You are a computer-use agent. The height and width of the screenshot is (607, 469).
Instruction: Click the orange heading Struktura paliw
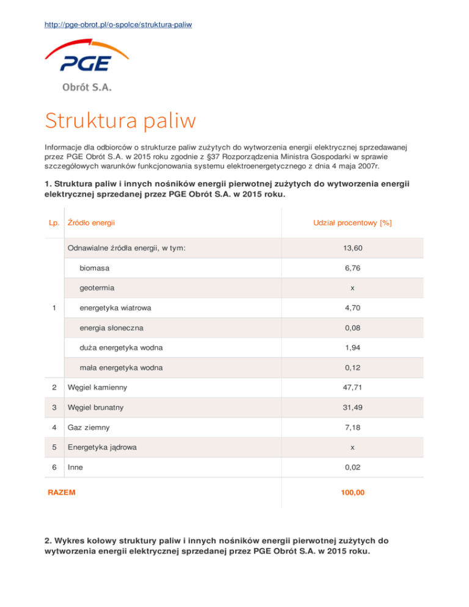click(x=120, y=120)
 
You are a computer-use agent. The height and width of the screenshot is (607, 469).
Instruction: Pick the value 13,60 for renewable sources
click(x=352, y=248)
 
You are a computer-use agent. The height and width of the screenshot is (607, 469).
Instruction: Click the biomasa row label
click(x=98, y=267)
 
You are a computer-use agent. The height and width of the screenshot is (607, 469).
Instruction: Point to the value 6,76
click(x=352, y=267)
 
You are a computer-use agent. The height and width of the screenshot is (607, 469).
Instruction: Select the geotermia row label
click(x=100, y=287)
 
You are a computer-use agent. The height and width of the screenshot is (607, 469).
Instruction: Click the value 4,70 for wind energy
click(x=352, y=308)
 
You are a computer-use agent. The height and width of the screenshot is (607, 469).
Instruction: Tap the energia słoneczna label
click(x=112, y=328)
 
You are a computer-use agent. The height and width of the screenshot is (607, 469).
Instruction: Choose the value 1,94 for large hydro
click(x=352, y=347)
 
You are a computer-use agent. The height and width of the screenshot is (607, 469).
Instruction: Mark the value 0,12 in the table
click(x=352, y=368)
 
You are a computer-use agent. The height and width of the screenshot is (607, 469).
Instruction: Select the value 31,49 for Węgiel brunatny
click(x=352, y=407)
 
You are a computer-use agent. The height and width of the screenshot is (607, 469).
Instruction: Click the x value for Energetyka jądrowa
click(x=352, y=447)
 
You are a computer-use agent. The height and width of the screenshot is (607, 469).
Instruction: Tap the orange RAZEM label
click(x=62, y=491)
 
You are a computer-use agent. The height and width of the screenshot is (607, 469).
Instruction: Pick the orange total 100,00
click(x=352, y=491)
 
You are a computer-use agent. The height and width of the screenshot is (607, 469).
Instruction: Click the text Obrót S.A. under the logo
click(x=87, y=87)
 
